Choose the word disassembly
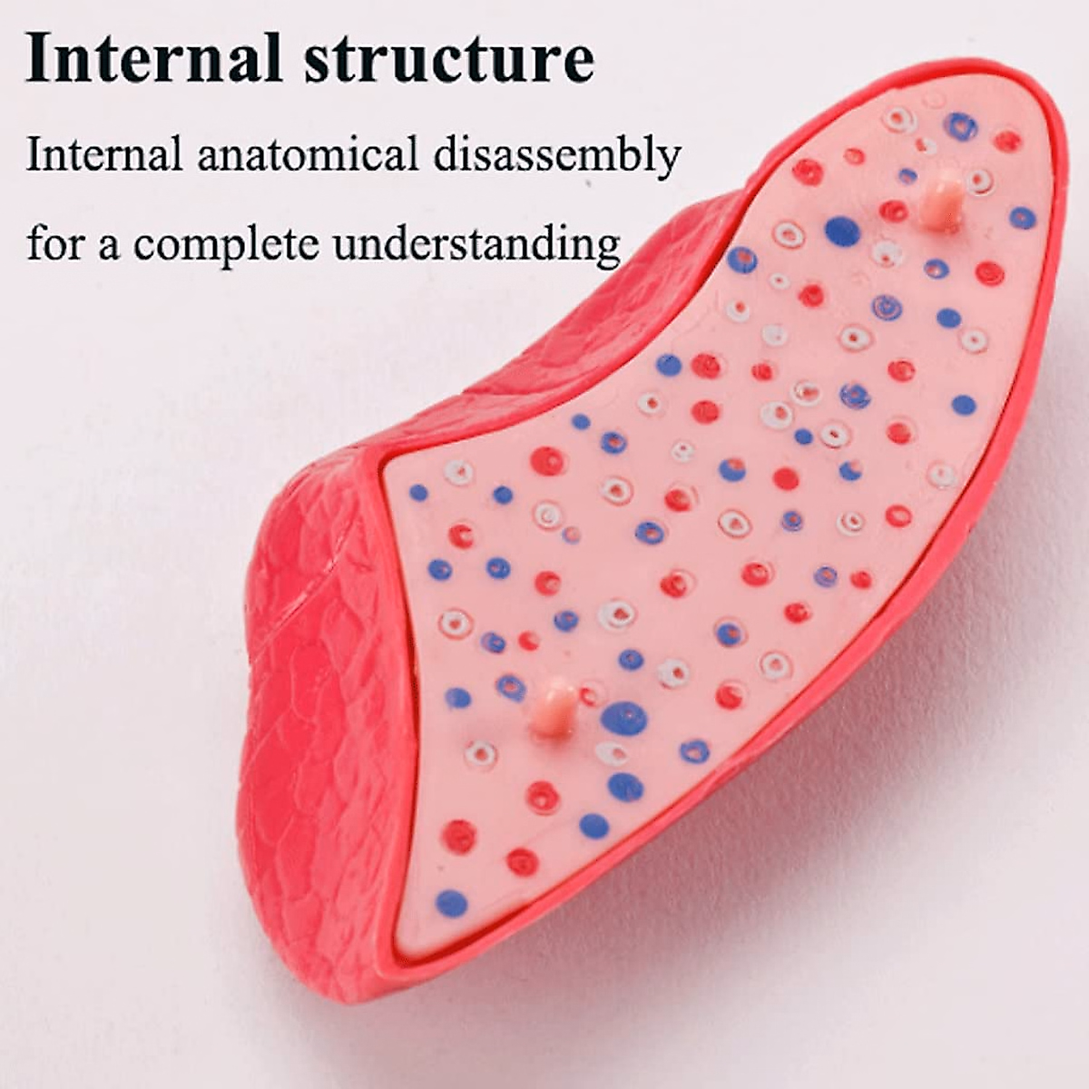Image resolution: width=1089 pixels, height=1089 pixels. pos(555,156)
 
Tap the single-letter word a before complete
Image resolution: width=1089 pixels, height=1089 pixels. pos(109,247)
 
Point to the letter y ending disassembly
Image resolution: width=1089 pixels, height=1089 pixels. pos(667,162)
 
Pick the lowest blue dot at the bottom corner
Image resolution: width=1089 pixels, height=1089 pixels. pos(451,903)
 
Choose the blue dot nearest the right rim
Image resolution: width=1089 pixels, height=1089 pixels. pos(1022,218)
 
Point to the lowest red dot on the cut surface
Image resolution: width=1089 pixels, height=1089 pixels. pos(521,860)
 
